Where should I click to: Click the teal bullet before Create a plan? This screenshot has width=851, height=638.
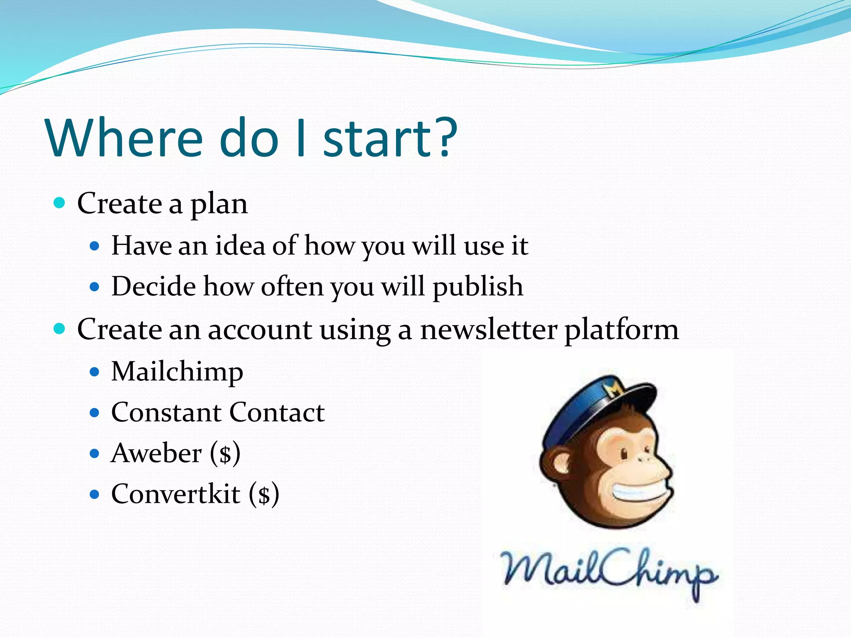coord(60,203)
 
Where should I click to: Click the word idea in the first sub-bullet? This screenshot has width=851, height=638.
coord(240,245)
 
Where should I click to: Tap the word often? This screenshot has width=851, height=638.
coord(292,286)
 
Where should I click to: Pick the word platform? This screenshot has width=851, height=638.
coord(621,331)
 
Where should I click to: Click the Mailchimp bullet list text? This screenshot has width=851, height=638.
coord(177,371)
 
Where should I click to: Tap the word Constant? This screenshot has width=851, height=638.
coord(166,412)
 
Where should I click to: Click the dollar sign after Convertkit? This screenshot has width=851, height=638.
coord(264,495)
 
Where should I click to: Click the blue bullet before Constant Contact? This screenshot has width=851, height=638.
coord(95,412)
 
